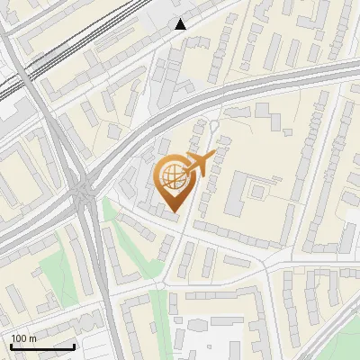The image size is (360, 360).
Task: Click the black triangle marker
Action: click(181, 24)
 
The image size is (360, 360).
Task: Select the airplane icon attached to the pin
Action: click(199, 165)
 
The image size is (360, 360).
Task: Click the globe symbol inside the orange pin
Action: click(172, 178)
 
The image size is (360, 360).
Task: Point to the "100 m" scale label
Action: click(23, 338)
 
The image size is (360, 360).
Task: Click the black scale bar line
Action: click(42, 346)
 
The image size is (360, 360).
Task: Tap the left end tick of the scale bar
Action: click(11, 345)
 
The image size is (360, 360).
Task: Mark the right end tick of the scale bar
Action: click(75, 345)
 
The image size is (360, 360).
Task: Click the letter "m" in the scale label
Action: click(32, 338)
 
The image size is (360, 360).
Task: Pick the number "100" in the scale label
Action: click(19, 338)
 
